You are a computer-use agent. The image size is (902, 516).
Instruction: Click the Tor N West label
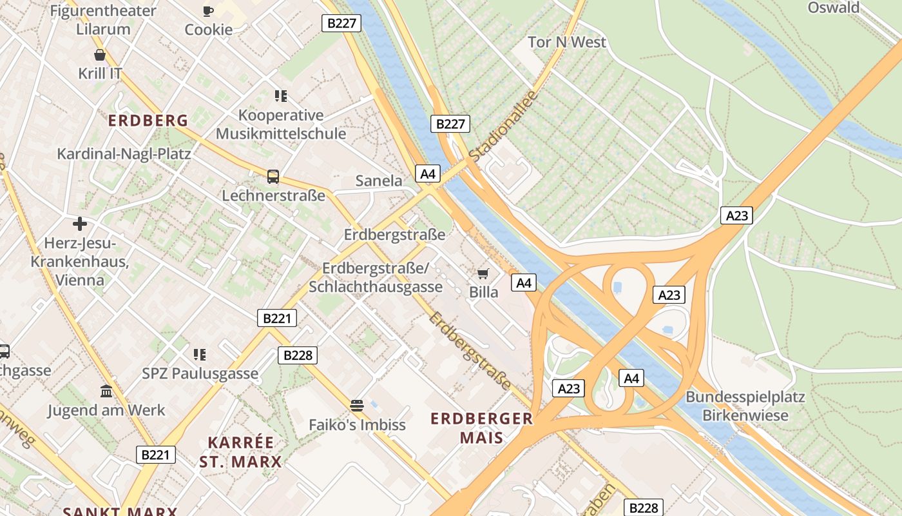coord(567,42)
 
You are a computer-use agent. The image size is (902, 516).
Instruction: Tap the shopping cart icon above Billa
coord(483,273)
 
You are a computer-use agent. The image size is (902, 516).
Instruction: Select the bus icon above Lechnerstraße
coord(273,177)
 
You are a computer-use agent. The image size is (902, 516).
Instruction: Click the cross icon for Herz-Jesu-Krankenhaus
coord(80,224)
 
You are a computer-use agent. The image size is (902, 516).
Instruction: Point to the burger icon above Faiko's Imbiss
coord(357,406)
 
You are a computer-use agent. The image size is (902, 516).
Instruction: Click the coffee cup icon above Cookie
coord(208,11)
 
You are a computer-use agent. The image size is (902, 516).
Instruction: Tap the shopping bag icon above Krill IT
coord(100,55)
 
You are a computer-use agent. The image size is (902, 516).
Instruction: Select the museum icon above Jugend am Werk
coord(106,391)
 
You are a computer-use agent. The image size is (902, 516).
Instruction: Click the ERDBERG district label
coord(148,121)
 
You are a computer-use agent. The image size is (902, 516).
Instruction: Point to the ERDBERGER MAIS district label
coord(482,428)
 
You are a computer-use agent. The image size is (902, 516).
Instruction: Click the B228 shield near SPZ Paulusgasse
coord(298,355)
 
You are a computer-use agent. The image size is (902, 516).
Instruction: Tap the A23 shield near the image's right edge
coord(736,215)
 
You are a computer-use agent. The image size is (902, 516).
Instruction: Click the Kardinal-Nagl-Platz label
coord(124,154)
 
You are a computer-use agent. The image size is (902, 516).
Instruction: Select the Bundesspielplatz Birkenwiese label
coord(745,406)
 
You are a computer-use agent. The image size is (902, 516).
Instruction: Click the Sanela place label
coord(379,181)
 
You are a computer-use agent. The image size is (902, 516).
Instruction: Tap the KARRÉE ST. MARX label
coord(240,452)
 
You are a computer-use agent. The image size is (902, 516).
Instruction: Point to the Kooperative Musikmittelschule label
coord(281,124)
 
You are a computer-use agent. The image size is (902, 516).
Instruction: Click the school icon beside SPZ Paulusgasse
coord(200,354)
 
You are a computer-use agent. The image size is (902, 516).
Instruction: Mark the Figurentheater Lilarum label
coord(103,19)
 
